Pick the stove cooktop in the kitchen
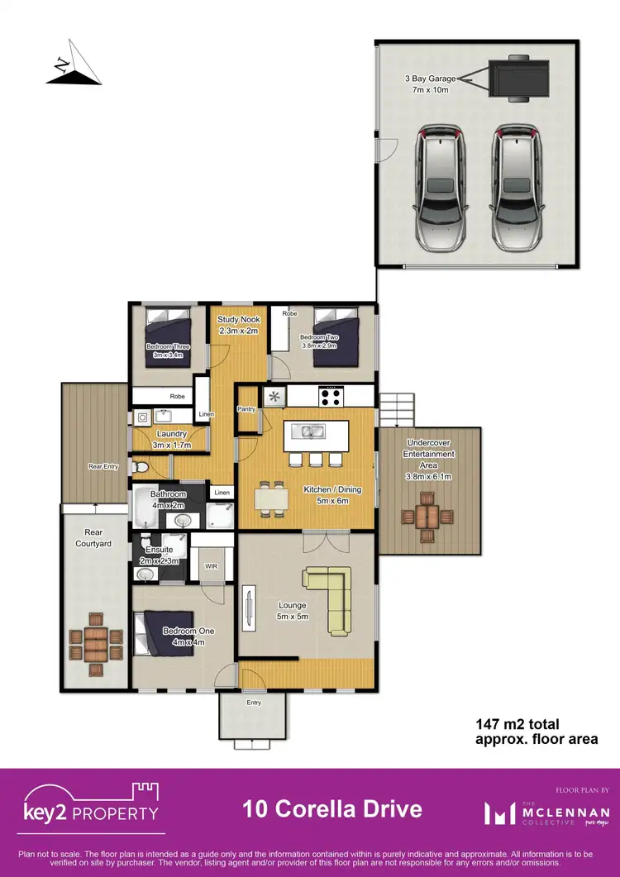(x=331, y=396)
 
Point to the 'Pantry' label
(x=246, y=408)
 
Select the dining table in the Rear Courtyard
(x=94, y=644)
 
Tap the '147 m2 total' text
(x=522, y=724)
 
